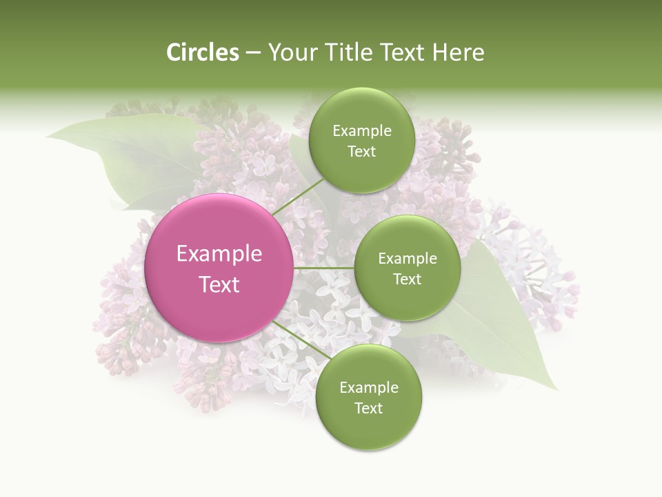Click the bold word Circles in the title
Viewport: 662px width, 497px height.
point(202,52)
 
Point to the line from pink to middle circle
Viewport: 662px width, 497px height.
point(324,267)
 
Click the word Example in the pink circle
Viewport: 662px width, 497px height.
point(219,254)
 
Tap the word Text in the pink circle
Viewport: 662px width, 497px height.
point(219,284)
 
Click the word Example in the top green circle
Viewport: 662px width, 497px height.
point(362,131)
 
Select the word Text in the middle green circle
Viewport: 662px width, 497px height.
point(407,279)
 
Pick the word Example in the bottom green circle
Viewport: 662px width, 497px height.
point(369,388)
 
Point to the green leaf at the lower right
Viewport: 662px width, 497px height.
point(510,331)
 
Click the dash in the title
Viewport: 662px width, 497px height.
point(253,53)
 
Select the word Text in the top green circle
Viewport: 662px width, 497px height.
point(361,152)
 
